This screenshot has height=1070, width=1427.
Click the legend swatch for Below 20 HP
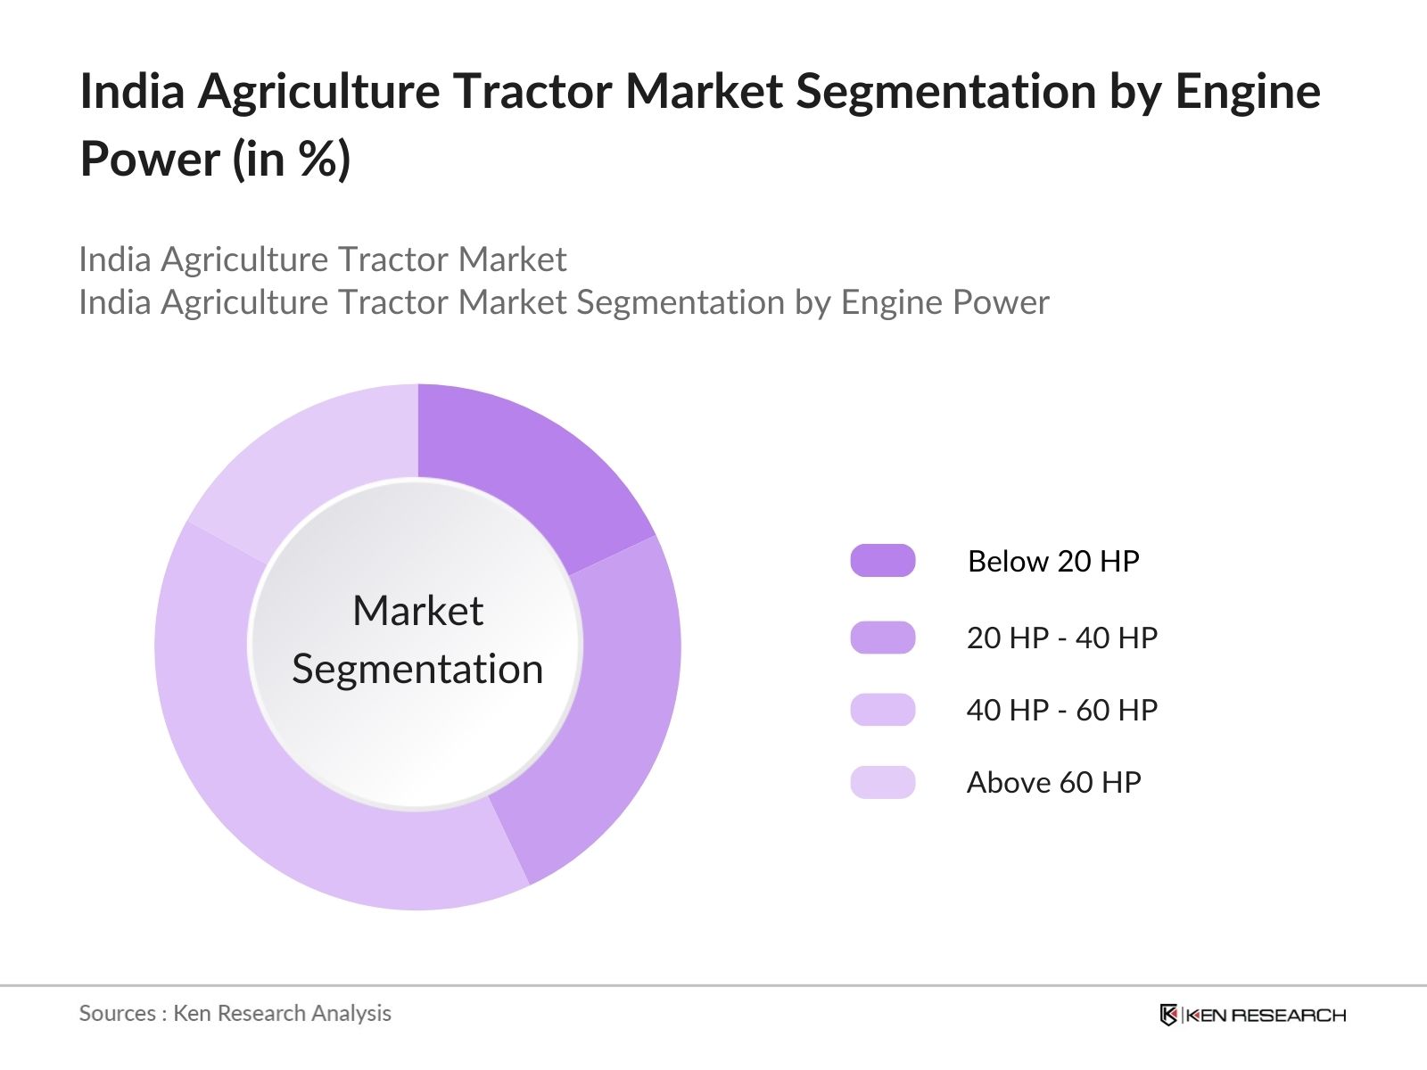point(883,561)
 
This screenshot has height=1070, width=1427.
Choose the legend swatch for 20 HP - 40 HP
point(883,638)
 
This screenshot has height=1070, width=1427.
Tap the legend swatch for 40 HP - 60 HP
point(883,710)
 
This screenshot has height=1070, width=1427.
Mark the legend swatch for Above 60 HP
point(883,782)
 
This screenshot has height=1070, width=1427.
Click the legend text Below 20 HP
point(1053,562)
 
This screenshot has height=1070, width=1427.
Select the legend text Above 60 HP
point(1054,782)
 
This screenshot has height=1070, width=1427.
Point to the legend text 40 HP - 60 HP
point(1062,710)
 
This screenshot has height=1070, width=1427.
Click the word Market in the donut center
point(418,611)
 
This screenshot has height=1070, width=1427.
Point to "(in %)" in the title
point(292,159)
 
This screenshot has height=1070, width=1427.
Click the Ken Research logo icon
point(1168,1015)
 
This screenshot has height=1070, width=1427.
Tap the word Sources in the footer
point(118,1014)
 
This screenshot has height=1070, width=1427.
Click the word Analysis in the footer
point(351,1014)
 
